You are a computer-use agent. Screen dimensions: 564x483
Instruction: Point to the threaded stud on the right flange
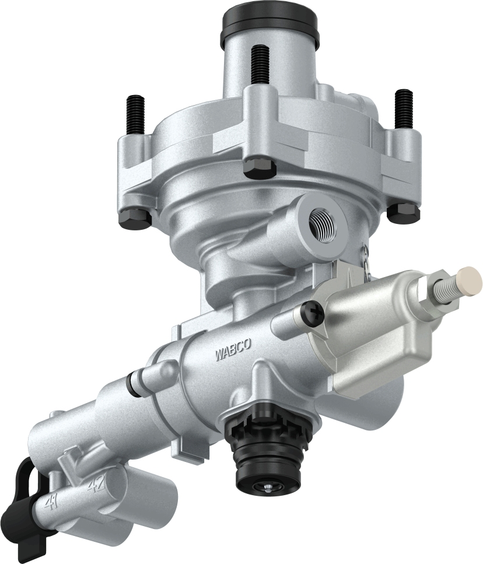(403, 108)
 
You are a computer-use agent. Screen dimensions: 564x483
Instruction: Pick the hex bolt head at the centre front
(259, 168)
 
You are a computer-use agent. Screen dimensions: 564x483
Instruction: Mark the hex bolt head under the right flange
(403, 211)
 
